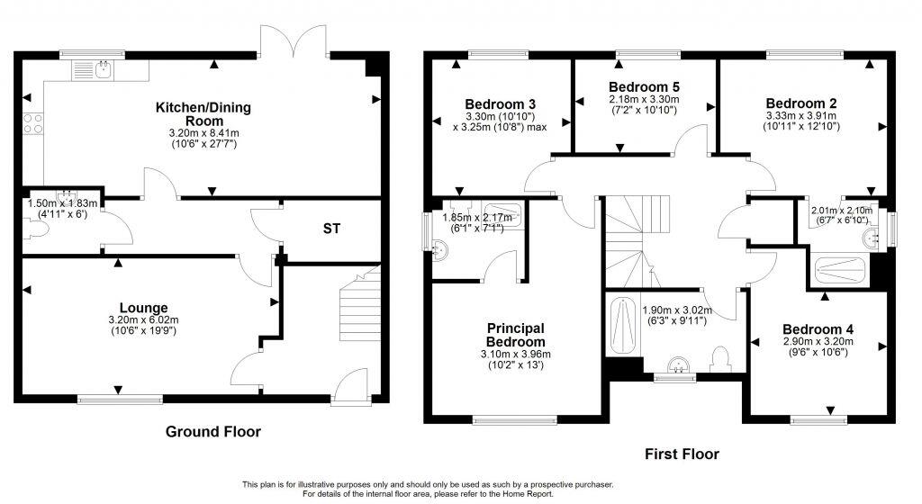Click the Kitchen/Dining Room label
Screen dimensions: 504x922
(x=203, y=114)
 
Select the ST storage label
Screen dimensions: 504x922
(x=332, y=229)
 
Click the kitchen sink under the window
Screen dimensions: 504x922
(x=102, y=68)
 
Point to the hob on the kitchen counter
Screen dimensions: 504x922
(x=34, y=124)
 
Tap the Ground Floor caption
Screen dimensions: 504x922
(x=213, y=432)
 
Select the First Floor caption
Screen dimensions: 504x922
(x=682, y=454)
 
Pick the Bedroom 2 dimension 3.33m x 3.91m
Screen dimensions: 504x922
(x=801, y=116)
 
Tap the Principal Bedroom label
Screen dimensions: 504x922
(x=516, y=335)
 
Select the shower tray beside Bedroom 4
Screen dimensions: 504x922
(x=839, y=266)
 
